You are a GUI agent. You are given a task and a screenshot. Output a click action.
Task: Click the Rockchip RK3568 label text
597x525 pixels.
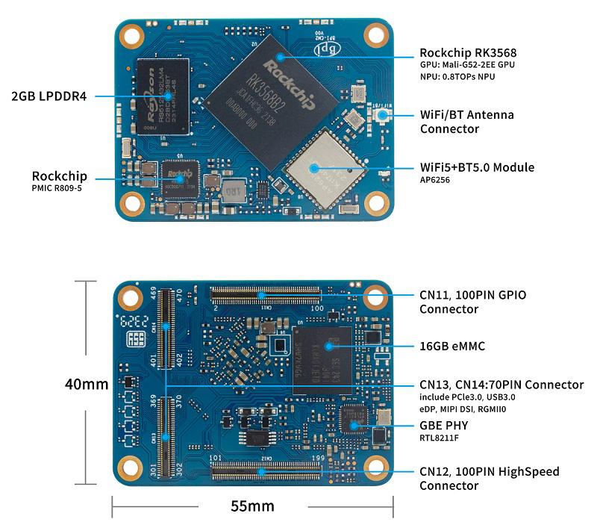(468, 53)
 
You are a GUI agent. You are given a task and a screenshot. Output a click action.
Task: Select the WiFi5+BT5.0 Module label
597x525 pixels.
(477, 167)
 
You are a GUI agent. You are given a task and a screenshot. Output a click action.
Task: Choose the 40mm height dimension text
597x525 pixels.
(87, 385)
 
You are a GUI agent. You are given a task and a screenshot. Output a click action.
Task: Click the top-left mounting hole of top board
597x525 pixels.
(132, 34)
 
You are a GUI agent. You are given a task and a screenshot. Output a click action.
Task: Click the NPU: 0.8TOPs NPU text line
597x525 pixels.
(457, 77)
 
